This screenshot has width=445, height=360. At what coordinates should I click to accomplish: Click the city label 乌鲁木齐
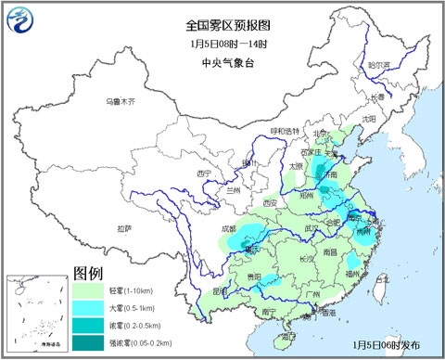(x=120, y=100)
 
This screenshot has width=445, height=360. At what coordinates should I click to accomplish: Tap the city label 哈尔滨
(x=379, y=66)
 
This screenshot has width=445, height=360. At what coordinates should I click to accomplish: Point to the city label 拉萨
(x=124, y=228)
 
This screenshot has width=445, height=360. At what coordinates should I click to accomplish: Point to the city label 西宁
(x=205, y=173)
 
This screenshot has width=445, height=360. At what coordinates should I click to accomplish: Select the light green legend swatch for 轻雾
(x=87, y=290)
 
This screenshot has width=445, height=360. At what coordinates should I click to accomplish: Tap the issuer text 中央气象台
(x=222, y=63)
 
